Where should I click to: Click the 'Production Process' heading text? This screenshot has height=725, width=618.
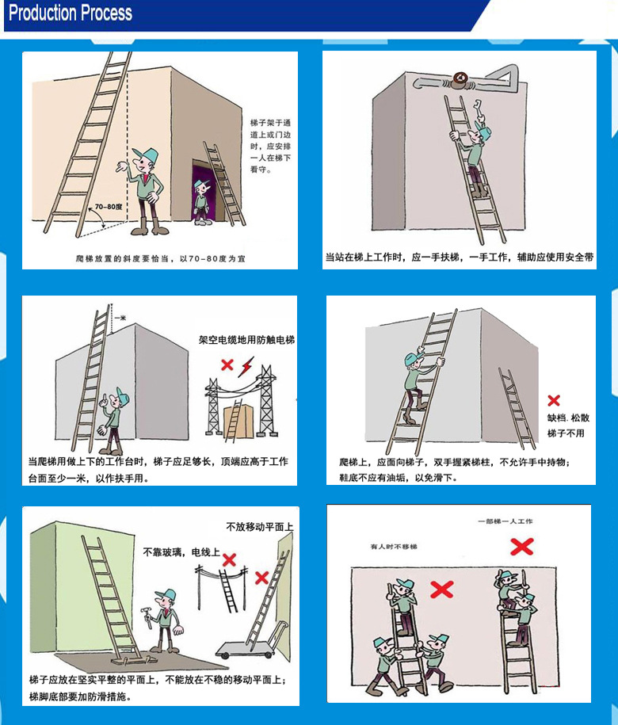pyautogui.click(x=71, y=13)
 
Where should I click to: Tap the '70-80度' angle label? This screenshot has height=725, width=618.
pyautogui.click(x=108, y=207)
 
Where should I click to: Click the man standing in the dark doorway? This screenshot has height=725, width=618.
pyautogui.click(x=201, y=200)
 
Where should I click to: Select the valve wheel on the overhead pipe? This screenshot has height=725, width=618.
pyautogui.click(x=459, y=78)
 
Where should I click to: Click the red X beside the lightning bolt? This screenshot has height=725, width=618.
pyautogui.click(x=227, y=365)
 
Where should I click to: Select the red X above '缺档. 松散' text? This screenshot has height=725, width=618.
pyautogui.click(x=554, y=401)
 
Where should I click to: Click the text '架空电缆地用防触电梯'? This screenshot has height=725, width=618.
pyautogui.click(x=246, y=340)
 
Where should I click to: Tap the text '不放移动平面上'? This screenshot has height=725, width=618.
pyautogui.click(x=260, y=527)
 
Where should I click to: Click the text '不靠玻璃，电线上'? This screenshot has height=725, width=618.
pyautogui.click(x=181, y=551)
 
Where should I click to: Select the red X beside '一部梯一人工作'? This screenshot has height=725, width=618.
pyautogui.click(x=521, y=546)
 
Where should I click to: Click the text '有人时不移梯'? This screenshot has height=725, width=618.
pyautogui.click(x=393, y=547)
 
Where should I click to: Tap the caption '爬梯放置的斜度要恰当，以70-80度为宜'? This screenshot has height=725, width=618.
pyautogui.click(x=159, y=258)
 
